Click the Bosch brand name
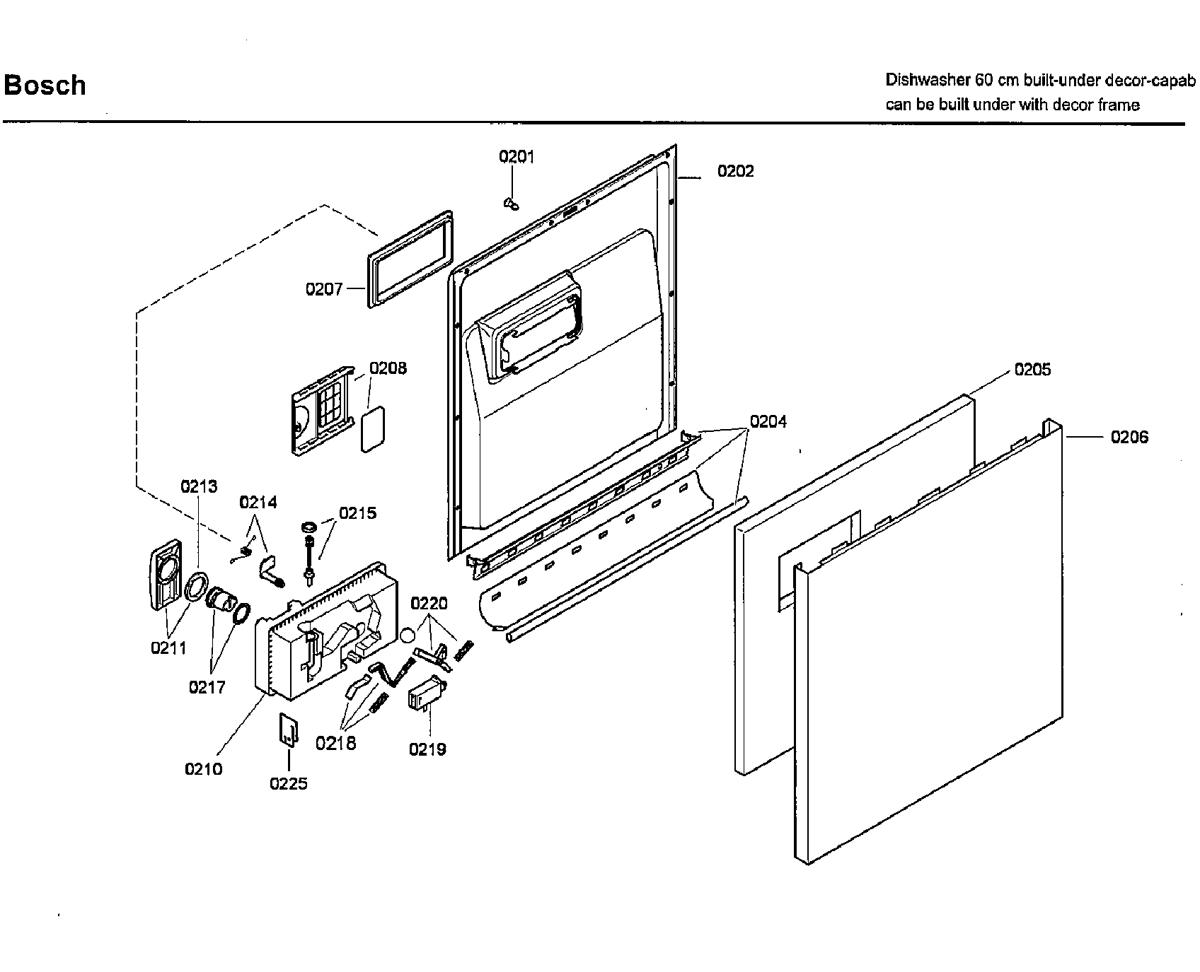(45, 86)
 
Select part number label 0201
(517, 157)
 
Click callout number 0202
(735, 171)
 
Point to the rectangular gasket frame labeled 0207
(410, 259)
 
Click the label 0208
(388, 368)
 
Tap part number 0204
(768, 422)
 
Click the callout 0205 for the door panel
(1032, 370)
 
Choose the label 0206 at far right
(1129, 438)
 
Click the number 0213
(199, 486)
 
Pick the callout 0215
(357, 513)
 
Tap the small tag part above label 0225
(287, 729)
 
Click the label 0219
(427, 749)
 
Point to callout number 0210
(204, 769)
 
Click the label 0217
(207, 687)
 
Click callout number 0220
(429, 604)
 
